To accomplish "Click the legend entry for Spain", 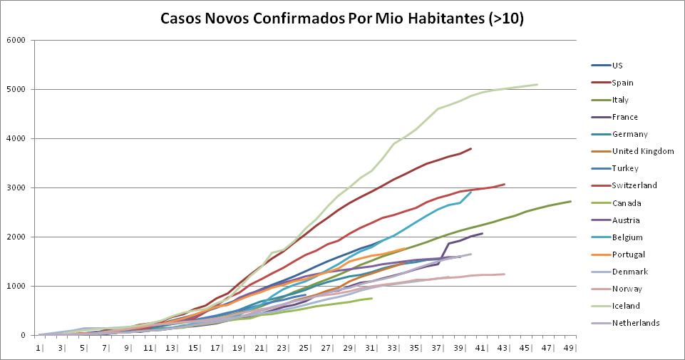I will [623, 83].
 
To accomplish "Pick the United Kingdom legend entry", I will [642, 151].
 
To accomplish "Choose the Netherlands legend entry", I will [635, 323].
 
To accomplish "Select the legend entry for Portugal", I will [628, 254].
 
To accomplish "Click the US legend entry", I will [617, 66].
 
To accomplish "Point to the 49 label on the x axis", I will [569, 348].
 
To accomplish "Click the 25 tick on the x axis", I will [304, 348].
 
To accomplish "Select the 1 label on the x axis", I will [39, 348].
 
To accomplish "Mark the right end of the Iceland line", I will [537, 85].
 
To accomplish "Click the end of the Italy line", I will [570, 201].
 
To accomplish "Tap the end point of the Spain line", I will [471, 148].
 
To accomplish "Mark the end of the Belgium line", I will [471, 192].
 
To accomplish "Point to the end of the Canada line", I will [371, 298].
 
